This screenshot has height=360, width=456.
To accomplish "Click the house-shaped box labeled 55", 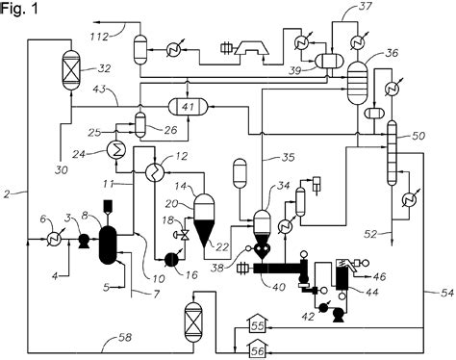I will pos(259,326).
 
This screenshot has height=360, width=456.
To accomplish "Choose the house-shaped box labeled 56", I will pos(259,349).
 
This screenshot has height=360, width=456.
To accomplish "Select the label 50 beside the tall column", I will pos(418,138).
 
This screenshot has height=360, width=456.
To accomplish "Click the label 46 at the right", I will pos(379,276).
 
